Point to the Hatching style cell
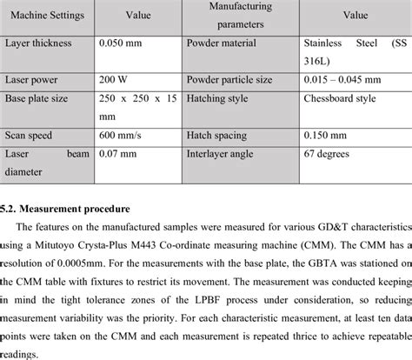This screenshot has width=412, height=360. point(220,98)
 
